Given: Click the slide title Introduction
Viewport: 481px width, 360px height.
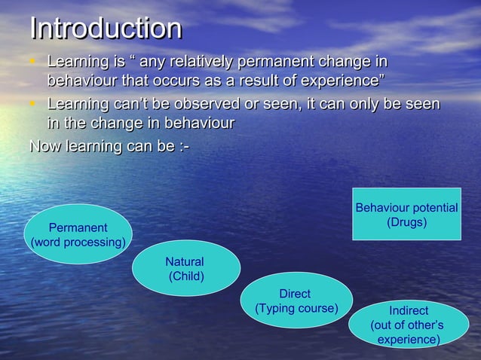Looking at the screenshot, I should [106, 29].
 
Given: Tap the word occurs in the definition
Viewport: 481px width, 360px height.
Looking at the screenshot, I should [204, 80].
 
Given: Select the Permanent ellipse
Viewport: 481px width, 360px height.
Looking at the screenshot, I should [78, 234].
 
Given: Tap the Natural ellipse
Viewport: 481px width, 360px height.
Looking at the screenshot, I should [185, 268].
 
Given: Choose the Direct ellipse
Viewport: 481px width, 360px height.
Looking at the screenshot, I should [296, 301].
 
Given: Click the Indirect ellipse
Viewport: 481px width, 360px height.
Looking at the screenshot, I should [408, 325].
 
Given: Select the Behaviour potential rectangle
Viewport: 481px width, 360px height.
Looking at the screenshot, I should [406, 215].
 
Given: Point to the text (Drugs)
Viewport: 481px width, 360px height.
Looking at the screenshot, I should [406, 223].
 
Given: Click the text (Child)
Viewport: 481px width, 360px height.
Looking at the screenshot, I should [185, 276].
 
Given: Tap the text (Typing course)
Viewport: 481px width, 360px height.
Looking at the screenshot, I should [296, 309].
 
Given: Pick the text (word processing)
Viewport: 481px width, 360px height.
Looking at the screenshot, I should [78, 243].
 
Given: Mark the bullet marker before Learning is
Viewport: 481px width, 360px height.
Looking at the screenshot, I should [34, 61].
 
